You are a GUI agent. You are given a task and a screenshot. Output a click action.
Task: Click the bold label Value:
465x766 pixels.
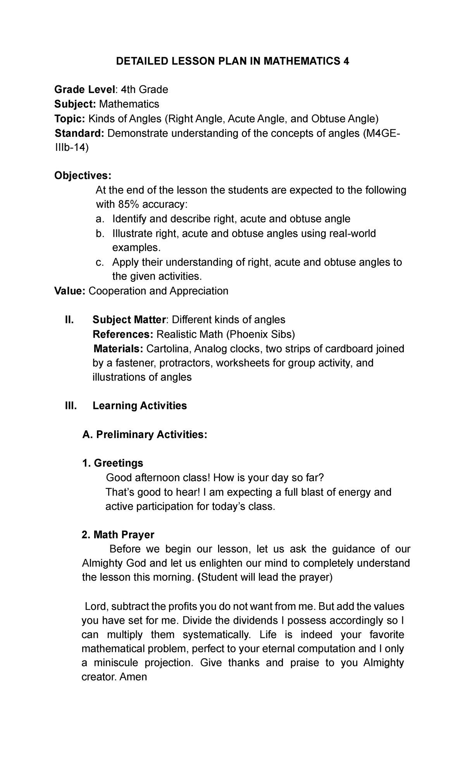(x=70, y=291)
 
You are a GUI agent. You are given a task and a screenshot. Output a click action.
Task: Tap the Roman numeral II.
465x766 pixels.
(x=69, y=320)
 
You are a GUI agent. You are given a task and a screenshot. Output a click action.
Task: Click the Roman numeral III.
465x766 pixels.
(x=71, y=406)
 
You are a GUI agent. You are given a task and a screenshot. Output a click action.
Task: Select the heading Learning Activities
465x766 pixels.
(x=139, y=406)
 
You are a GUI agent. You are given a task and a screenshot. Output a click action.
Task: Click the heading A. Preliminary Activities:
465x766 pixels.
(x=145, y=435)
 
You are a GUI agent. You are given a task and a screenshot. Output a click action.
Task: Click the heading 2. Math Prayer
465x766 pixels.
(x=118, y=535)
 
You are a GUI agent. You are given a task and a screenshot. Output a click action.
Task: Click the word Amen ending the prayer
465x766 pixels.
(x=134, y=677)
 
